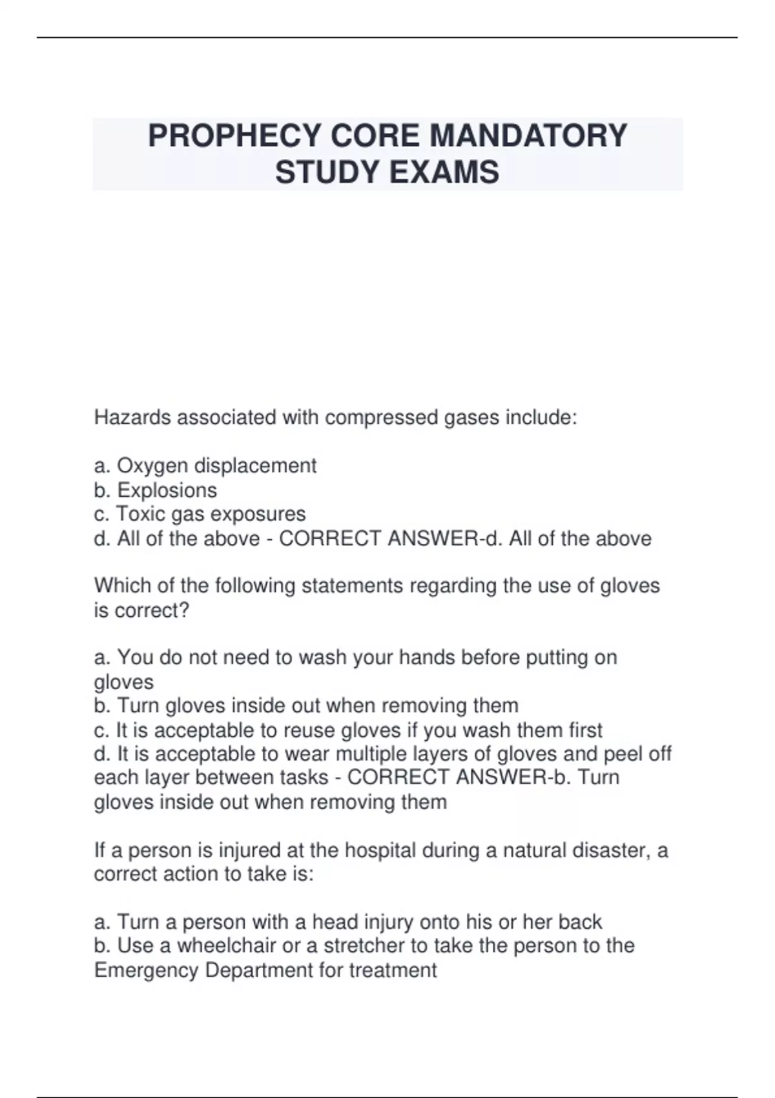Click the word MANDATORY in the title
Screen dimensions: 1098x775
click(528, 136)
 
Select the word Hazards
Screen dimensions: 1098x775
click(132, 418)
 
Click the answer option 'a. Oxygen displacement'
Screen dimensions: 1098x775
click(205, 466)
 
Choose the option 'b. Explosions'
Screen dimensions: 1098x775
click(156, 490)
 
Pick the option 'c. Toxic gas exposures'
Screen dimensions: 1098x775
click(200, 514)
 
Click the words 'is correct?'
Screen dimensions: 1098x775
click(141, 610)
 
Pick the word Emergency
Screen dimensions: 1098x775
click(146, 970)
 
